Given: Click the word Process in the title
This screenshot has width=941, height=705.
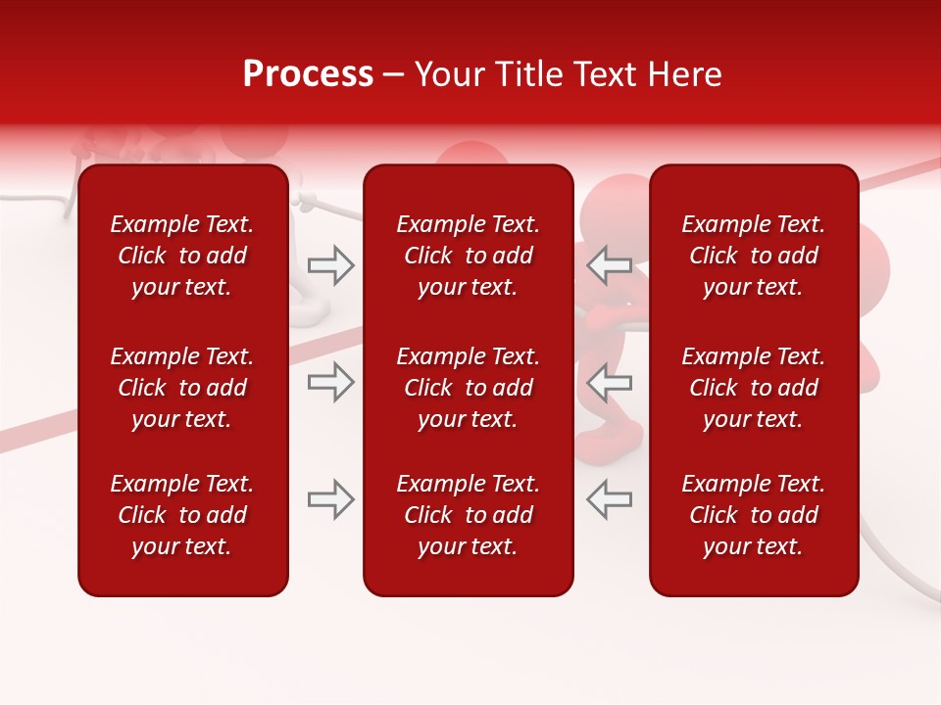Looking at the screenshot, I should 308,73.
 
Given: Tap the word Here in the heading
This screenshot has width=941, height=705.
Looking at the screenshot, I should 683,73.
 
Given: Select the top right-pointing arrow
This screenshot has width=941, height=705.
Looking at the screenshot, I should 331,265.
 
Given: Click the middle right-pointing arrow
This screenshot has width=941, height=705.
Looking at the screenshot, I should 331,382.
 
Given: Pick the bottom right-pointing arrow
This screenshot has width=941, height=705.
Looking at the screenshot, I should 331,499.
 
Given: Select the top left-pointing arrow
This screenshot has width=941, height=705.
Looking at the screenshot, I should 609,265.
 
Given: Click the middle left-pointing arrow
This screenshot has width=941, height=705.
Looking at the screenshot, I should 609,382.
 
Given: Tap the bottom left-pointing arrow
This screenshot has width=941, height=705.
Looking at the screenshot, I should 609,499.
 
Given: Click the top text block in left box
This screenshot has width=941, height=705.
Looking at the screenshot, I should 182,256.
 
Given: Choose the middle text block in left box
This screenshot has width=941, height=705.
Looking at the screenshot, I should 182,388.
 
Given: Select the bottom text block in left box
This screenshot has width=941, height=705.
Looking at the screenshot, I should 182,515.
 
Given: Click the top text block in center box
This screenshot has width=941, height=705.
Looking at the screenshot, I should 468,256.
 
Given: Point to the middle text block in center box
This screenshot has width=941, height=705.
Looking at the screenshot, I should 468,388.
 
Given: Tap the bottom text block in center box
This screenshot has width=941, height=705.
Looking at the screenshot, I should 468,515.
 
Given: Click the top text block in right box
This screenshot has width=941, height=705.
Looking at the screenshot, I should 753,256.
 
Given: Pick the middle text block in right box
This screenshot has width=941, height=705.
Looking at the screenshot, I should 753,388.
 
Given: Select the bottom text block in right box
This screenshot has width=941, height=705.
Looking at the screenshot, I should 753,515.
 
